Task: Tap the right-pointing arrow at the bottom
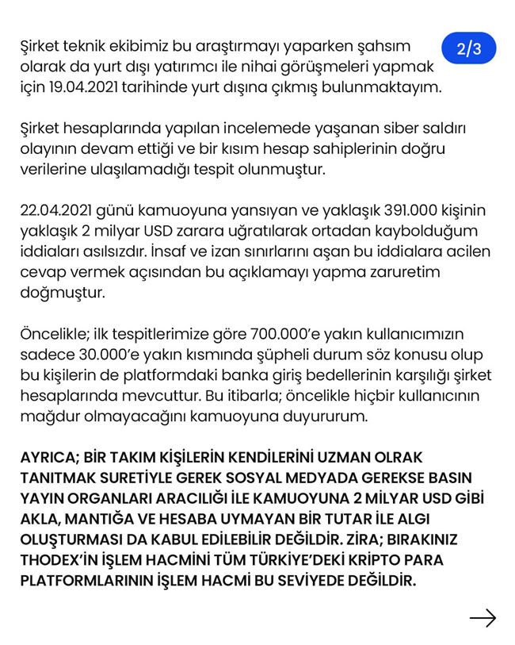[482, 618]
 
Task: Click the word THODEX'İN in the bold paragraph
[65, 560]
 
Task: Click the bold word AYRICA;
[51, 459]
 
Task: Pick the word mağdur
[50, 416]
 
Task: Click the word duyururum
[324, 416]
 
